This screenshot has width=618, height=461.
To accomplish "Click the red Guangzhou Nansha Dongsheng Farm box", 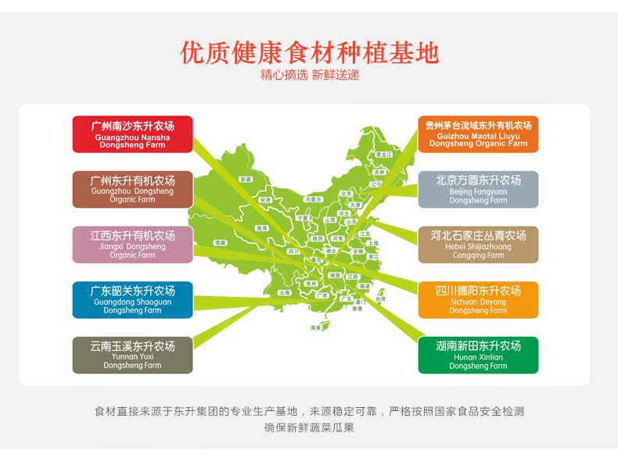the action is pos(132,134).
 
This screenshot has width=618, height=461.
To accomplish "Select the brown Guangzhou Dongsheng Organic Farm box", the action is pos(132,189).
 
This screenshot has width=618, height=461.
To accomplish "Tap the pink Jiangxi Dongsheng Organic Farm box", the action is pos(132,245).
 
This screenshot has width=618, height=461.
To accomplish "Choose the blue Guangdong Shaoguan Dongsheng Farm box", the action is pos(132,300).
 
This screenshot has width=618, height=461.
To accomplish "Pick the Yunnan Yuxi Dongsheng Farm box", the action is pos(132,355).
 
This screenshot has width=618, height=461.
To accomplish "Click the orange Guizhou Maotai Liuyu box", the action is pos(478,134).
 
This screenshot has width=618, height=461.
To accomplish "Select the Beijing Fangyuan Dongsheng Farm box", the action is pos(478,189).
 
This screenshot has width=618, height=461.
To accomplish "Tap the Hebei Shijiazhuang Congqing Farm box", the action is pos(478,245).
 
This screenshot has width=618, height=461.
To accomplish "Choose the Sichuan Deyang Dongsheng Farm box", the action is pos(478,300).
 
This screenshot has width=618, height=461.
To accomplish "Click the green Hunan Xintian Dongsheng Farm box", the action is pos(478,355).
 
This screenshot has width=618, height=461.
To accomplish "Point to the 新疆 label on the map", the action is pos(246,180).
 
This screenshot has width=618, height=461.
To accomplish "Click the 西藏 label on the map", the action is pos(221,243).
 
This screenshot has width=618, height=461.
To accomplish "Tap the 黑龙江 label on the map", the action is pos(382,155).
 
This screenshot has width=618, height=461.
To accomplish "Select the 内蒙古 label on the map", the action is pos(314,199).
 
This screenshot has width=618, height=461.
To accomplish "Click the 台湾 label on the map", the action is pos(381,298).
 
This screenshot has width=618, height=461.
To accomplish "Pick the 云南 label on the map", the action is pos(284,292).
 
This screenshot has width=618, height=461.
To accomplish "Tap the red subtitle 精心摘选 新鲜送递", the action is pos(310,76).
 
